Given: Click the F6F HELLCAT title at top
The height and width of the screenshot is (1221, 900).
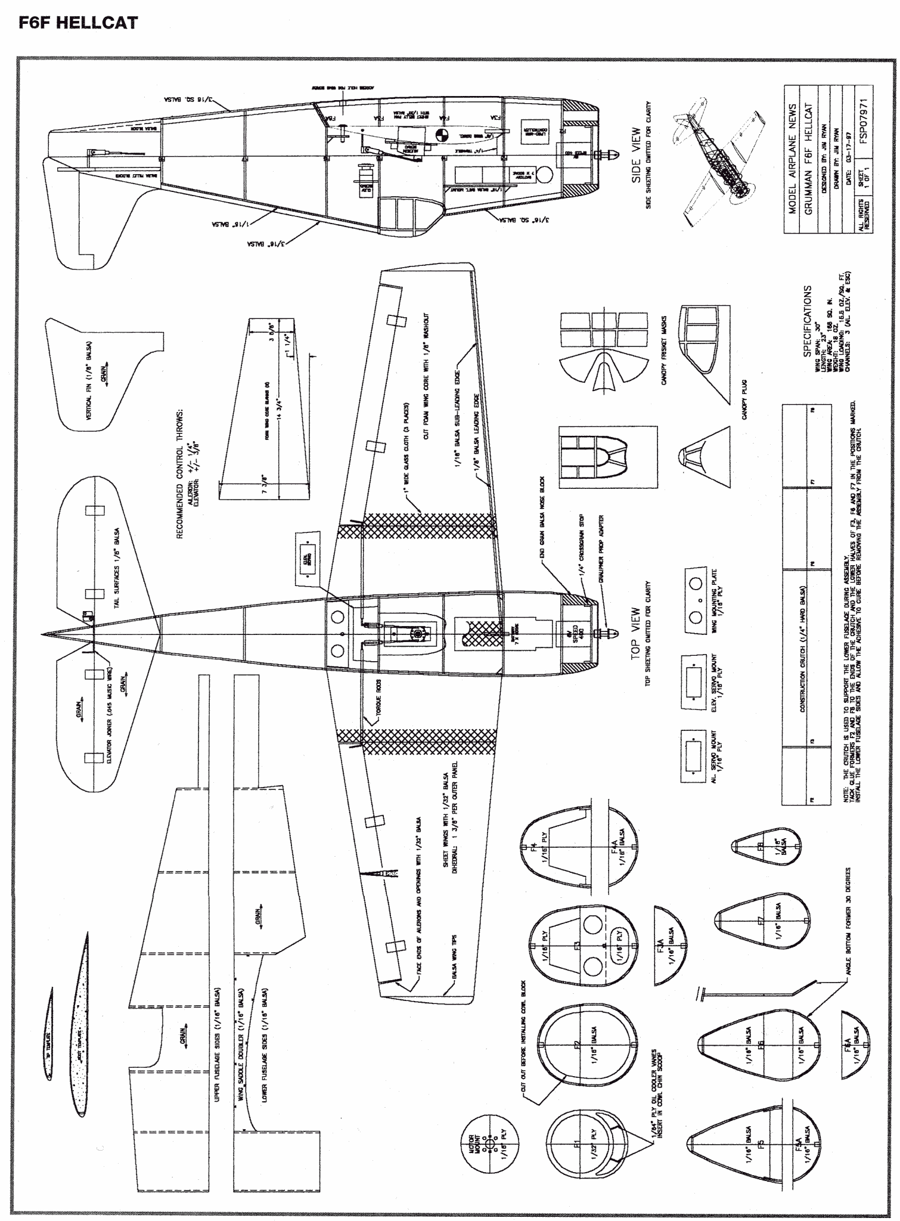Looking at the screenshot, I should tap(79, 23).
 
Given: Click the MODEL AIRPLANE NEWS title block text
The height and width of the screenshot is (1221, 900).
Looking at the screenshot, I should tap(793, 159).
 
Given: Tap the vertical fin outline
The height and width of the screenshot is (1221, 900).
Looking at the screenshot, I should tap(105, 373).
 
